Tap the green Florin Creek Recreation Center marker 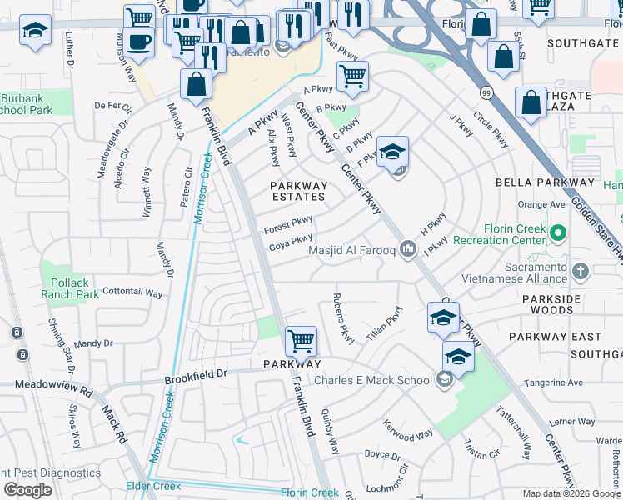pos(558,232)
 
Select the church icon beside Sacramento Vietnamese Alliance pos(581,271)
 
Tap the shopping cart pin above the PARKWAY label pos(301,340)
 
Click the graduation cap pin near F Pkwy pos(392,152)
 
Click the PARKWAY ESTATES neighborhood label pos(298,191)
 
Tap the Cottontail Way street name pos(132,292)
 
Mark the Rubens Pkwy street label pos(343,317)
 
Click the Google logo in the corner pos(27,490)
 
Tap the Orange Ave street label pos(541,204)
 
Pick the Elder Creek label pos(153,486)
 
